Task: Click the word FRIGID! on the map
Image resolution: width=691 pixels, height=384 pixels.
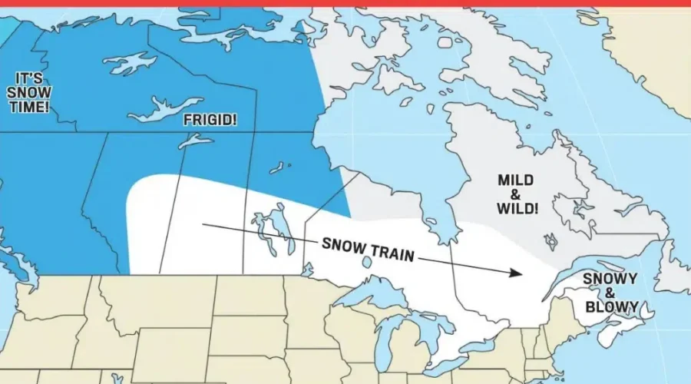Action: coord(210,121)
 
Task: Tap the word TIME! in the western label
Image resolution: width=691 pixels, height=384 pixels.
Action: coord(30,107)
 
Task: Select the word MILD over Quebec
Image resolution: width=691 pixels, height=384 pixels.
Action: coord(515,180)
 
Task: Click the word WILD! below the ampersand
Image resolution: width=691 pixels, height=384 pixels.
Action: coord(517,208)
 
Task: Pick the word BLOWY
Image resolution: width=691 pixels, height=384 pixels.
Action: coord(611,306)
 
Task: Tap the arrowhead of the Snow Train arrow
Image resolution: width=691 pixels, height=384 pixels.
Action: coord(519,273)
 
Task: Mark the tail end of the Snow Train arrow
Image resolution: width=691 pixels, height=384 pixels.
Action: coord(204,225)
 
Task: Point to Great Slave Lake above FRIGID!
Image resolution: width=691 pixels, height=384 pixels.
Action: coord(165,109)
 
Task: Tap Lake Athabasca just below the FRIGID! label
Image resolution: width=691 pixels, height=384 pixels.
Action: coord(195,141)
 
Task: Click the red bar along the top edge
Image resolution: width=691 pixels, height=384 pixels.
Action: coord(345,3)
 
